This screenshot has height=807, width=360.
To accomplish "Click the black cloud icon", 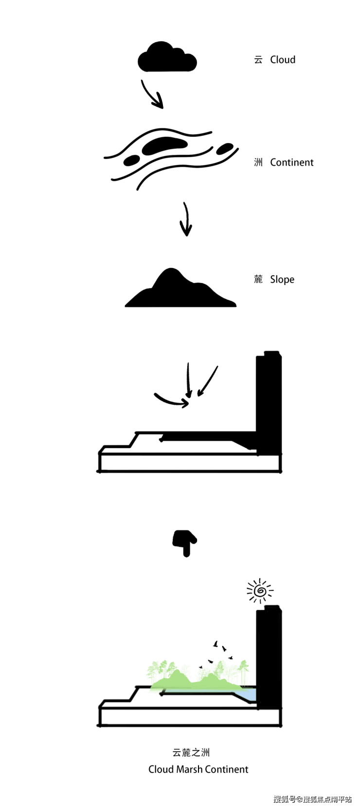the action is [167, 57].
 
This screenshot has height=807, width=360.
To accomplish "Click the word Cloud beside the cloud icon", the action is [283, 59].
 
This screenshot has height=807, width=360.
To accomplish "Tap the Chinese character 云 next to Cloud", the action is [258, 59].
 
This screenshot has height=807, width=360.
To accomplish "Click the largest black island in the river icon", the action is [164, 145].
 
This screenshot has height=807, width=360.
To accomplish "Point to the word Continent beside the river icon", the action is [292, 162].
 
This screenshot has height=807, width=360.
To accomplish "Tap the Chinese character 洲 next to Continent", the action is [258, 162].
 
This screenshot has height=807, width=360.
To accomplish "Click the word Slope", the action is [282, 280].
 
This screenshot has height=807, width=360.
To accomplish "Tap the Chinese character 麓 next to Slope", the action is [258, 279].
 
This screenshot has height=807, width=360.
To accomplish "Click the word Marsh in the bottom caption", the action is [189, 769].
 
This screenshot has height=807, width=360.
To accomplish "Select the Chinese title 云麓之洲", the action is [191, 753].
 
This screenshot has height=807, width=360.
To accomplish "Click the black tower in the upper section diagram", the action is [269, 403].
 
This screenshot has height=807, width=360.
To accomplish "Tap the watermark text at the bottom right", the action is [312, 799].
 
